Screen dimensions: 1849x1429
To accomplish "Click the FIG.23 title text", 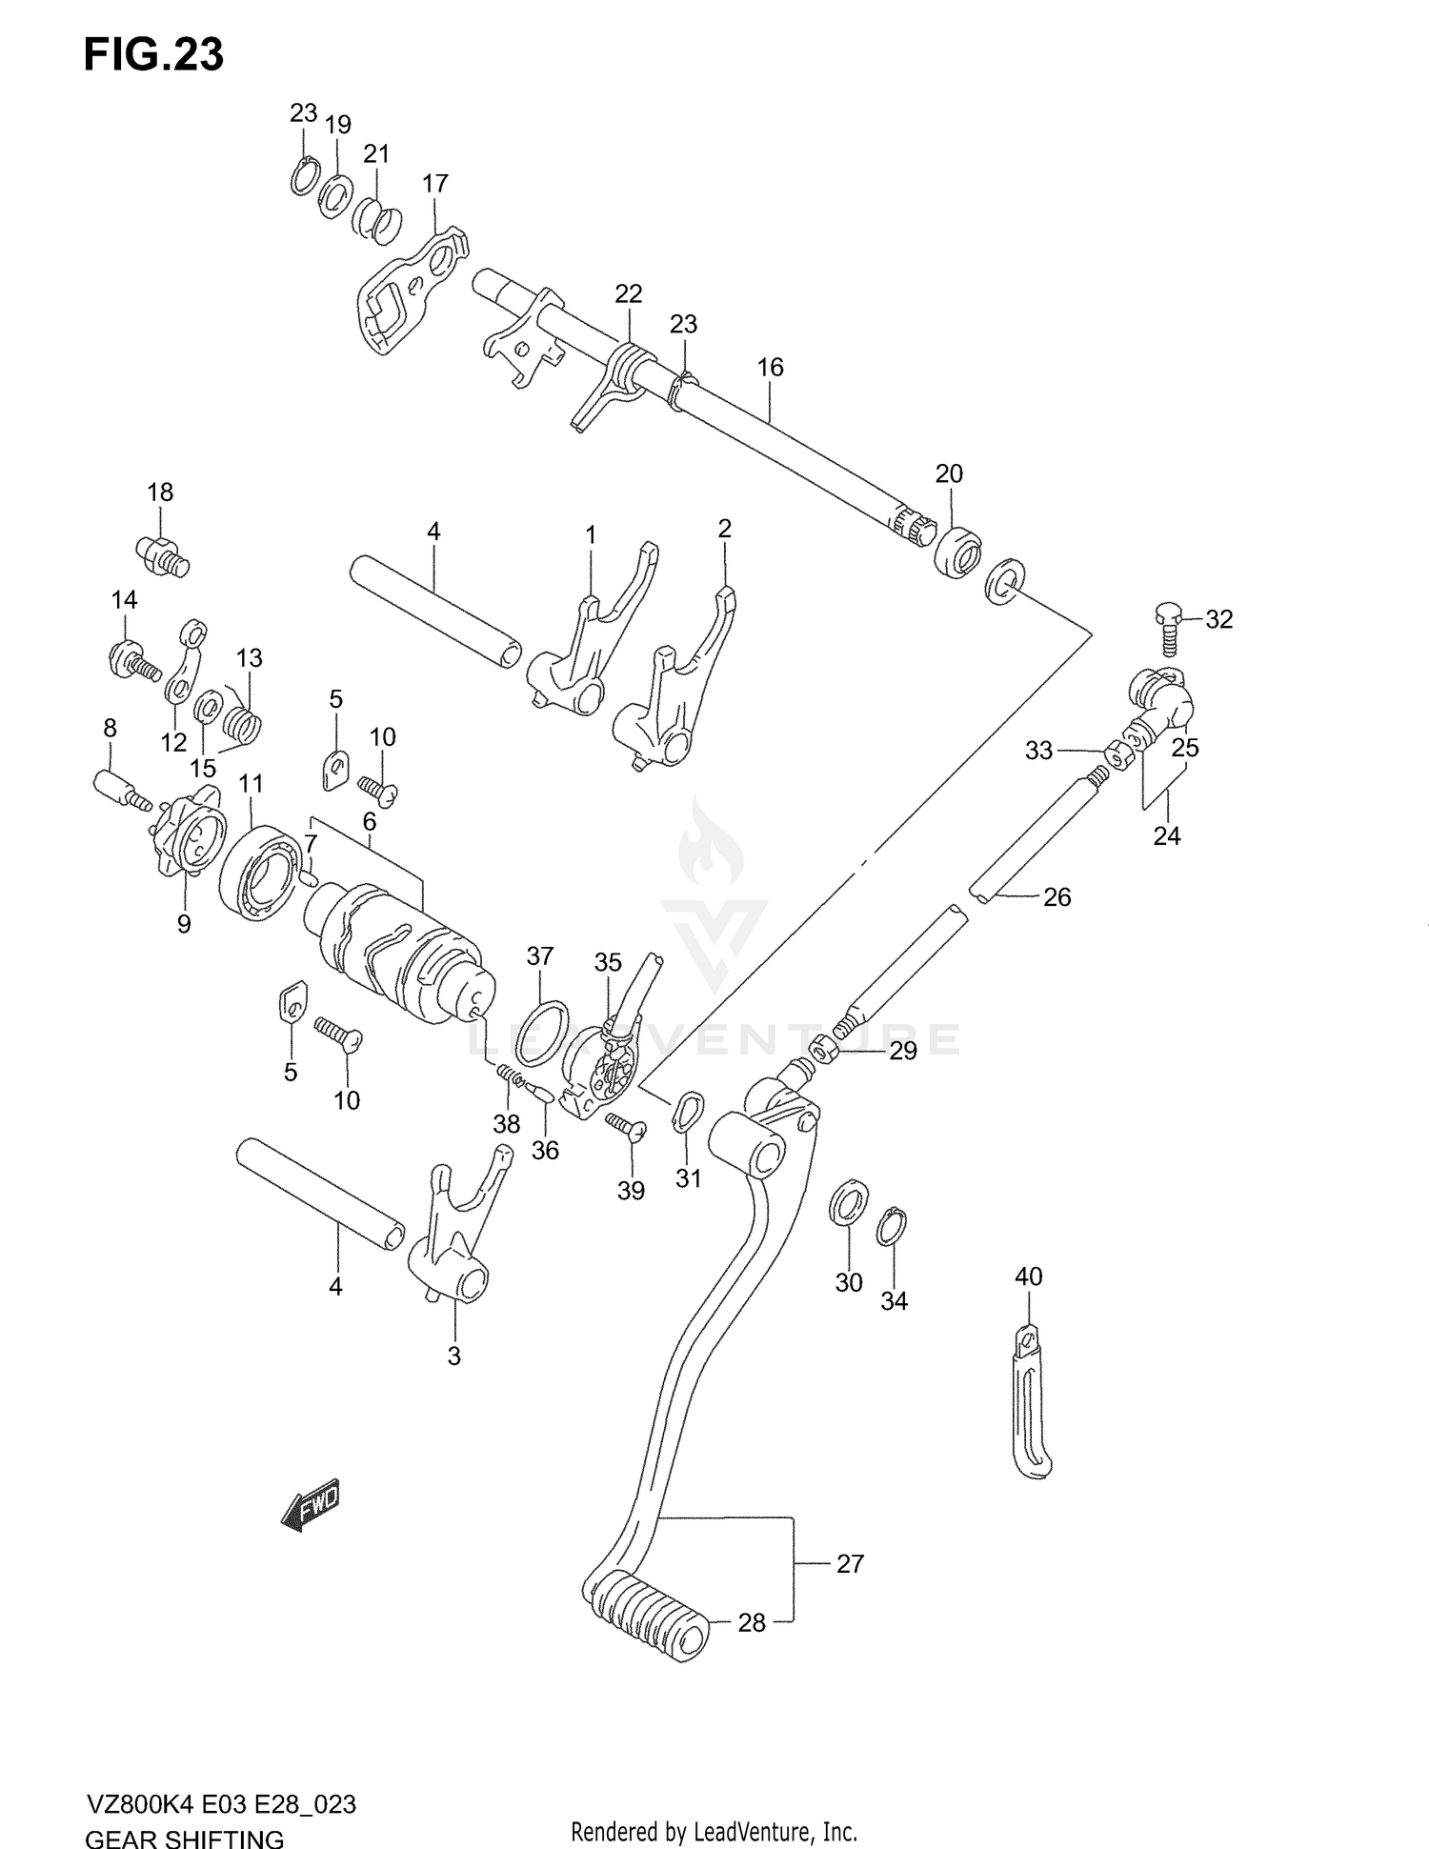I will (153, 56).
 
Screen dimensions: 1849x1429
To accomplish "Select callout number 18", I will (160, 492).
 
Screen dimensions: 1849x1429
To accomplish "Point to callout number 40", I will (1029, 1276).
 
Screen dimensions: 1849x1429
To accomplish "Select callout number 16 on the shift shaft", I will (770, 367).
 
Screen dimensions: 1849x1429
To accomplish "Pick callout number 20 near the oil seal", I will (949, 473).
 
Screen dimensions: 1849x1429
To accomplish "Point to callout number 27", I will (850, 1563).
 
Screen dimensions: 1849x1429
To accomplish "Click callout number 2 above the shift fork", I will (724, 529).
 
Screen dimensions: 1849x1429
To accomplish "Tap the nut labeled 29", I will (824, 1050).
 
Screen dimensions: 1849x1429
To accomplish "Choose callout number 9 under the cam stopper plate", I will (184, 923).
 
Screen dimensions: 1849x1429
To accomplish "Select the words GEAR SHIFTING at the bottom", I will (185, 1838).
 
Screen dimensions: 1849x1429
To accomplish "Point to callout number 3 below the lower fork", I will (453, 1356).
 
